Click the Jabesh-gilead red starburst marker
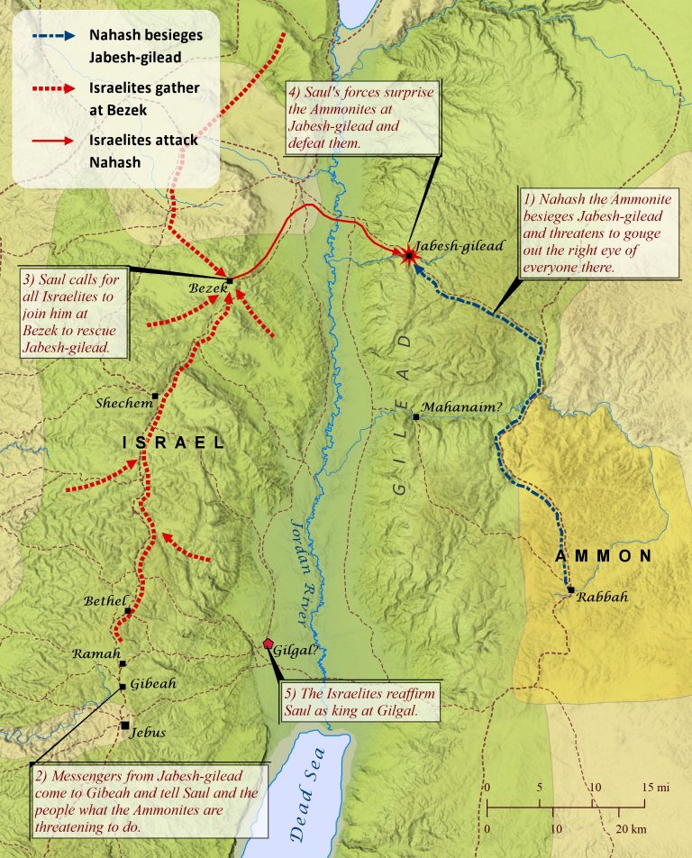click(x=410, y=256)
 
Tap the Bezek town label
click(x=205, y=288)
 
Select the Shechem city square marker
click(x=156, y=397)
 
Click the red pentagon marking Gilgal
click(x=269, y=643)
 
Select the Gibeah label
click(x=153, y=684)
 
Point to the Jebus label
click(x=148, y=732)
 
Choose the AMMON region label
click(x=603, y=556)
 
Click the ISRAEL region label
click(x=174, y=443)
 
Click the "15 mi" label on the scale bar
click(x=656, y=788)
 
